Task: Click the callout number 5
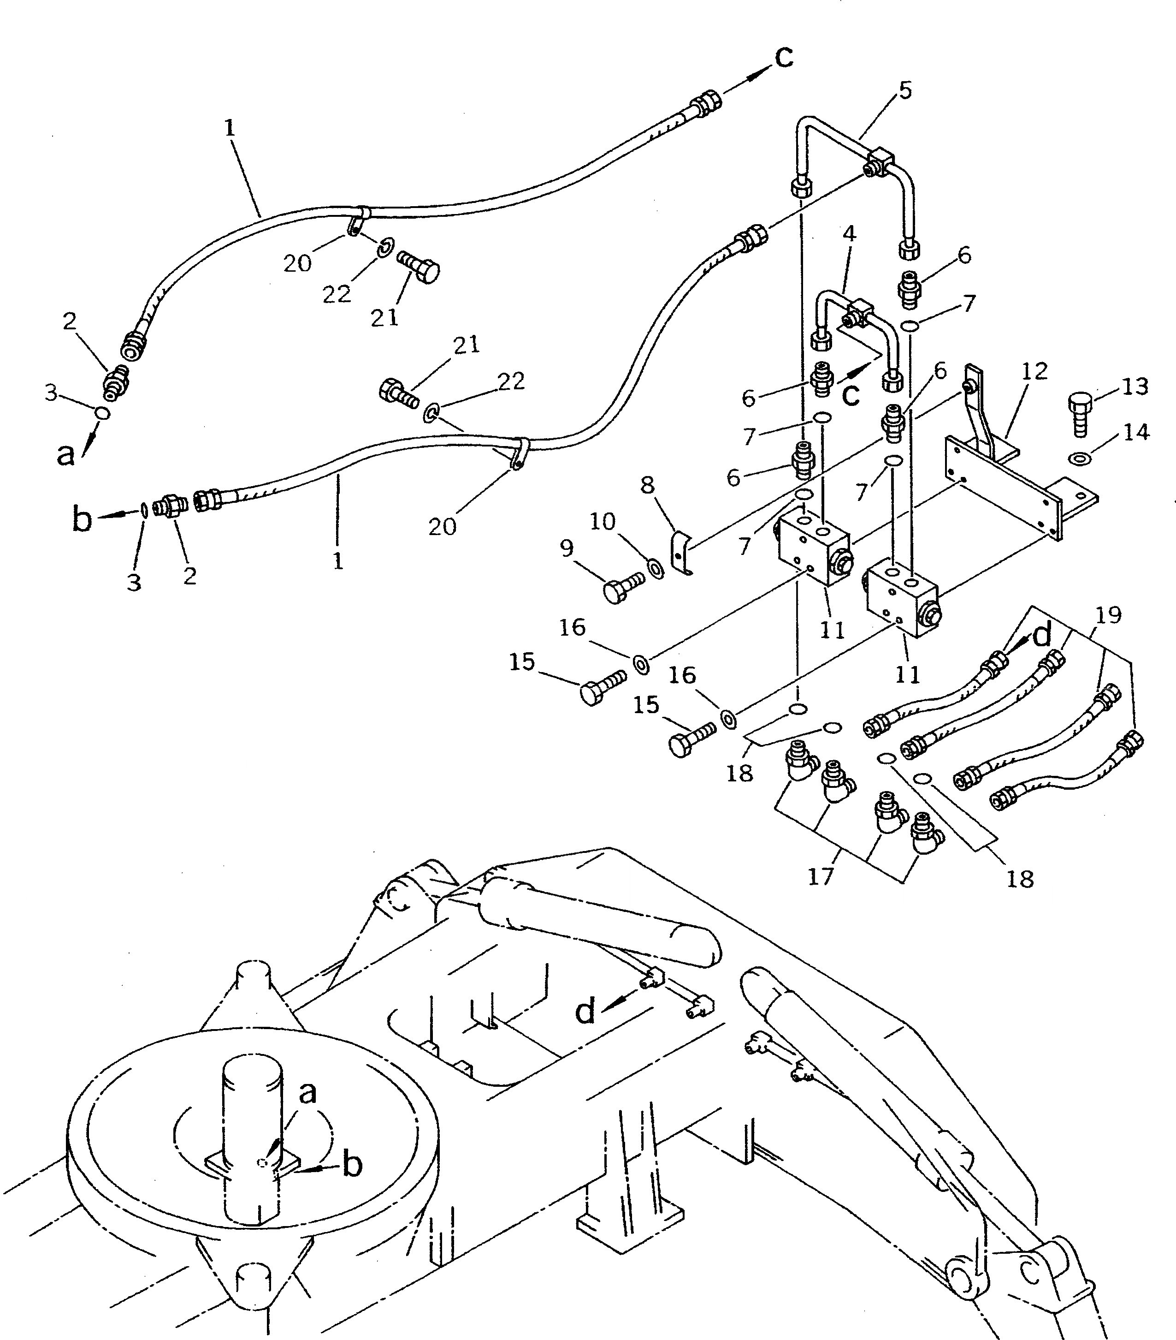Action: (905, 90)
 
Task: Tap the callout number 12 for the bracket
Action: (1034, 372)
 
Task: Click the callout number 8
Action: (647, 485)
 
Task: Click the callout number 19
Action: (1108, 615)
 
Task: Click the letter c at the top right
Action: (784, 57)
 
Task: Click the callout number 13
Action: (1135, 387)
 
